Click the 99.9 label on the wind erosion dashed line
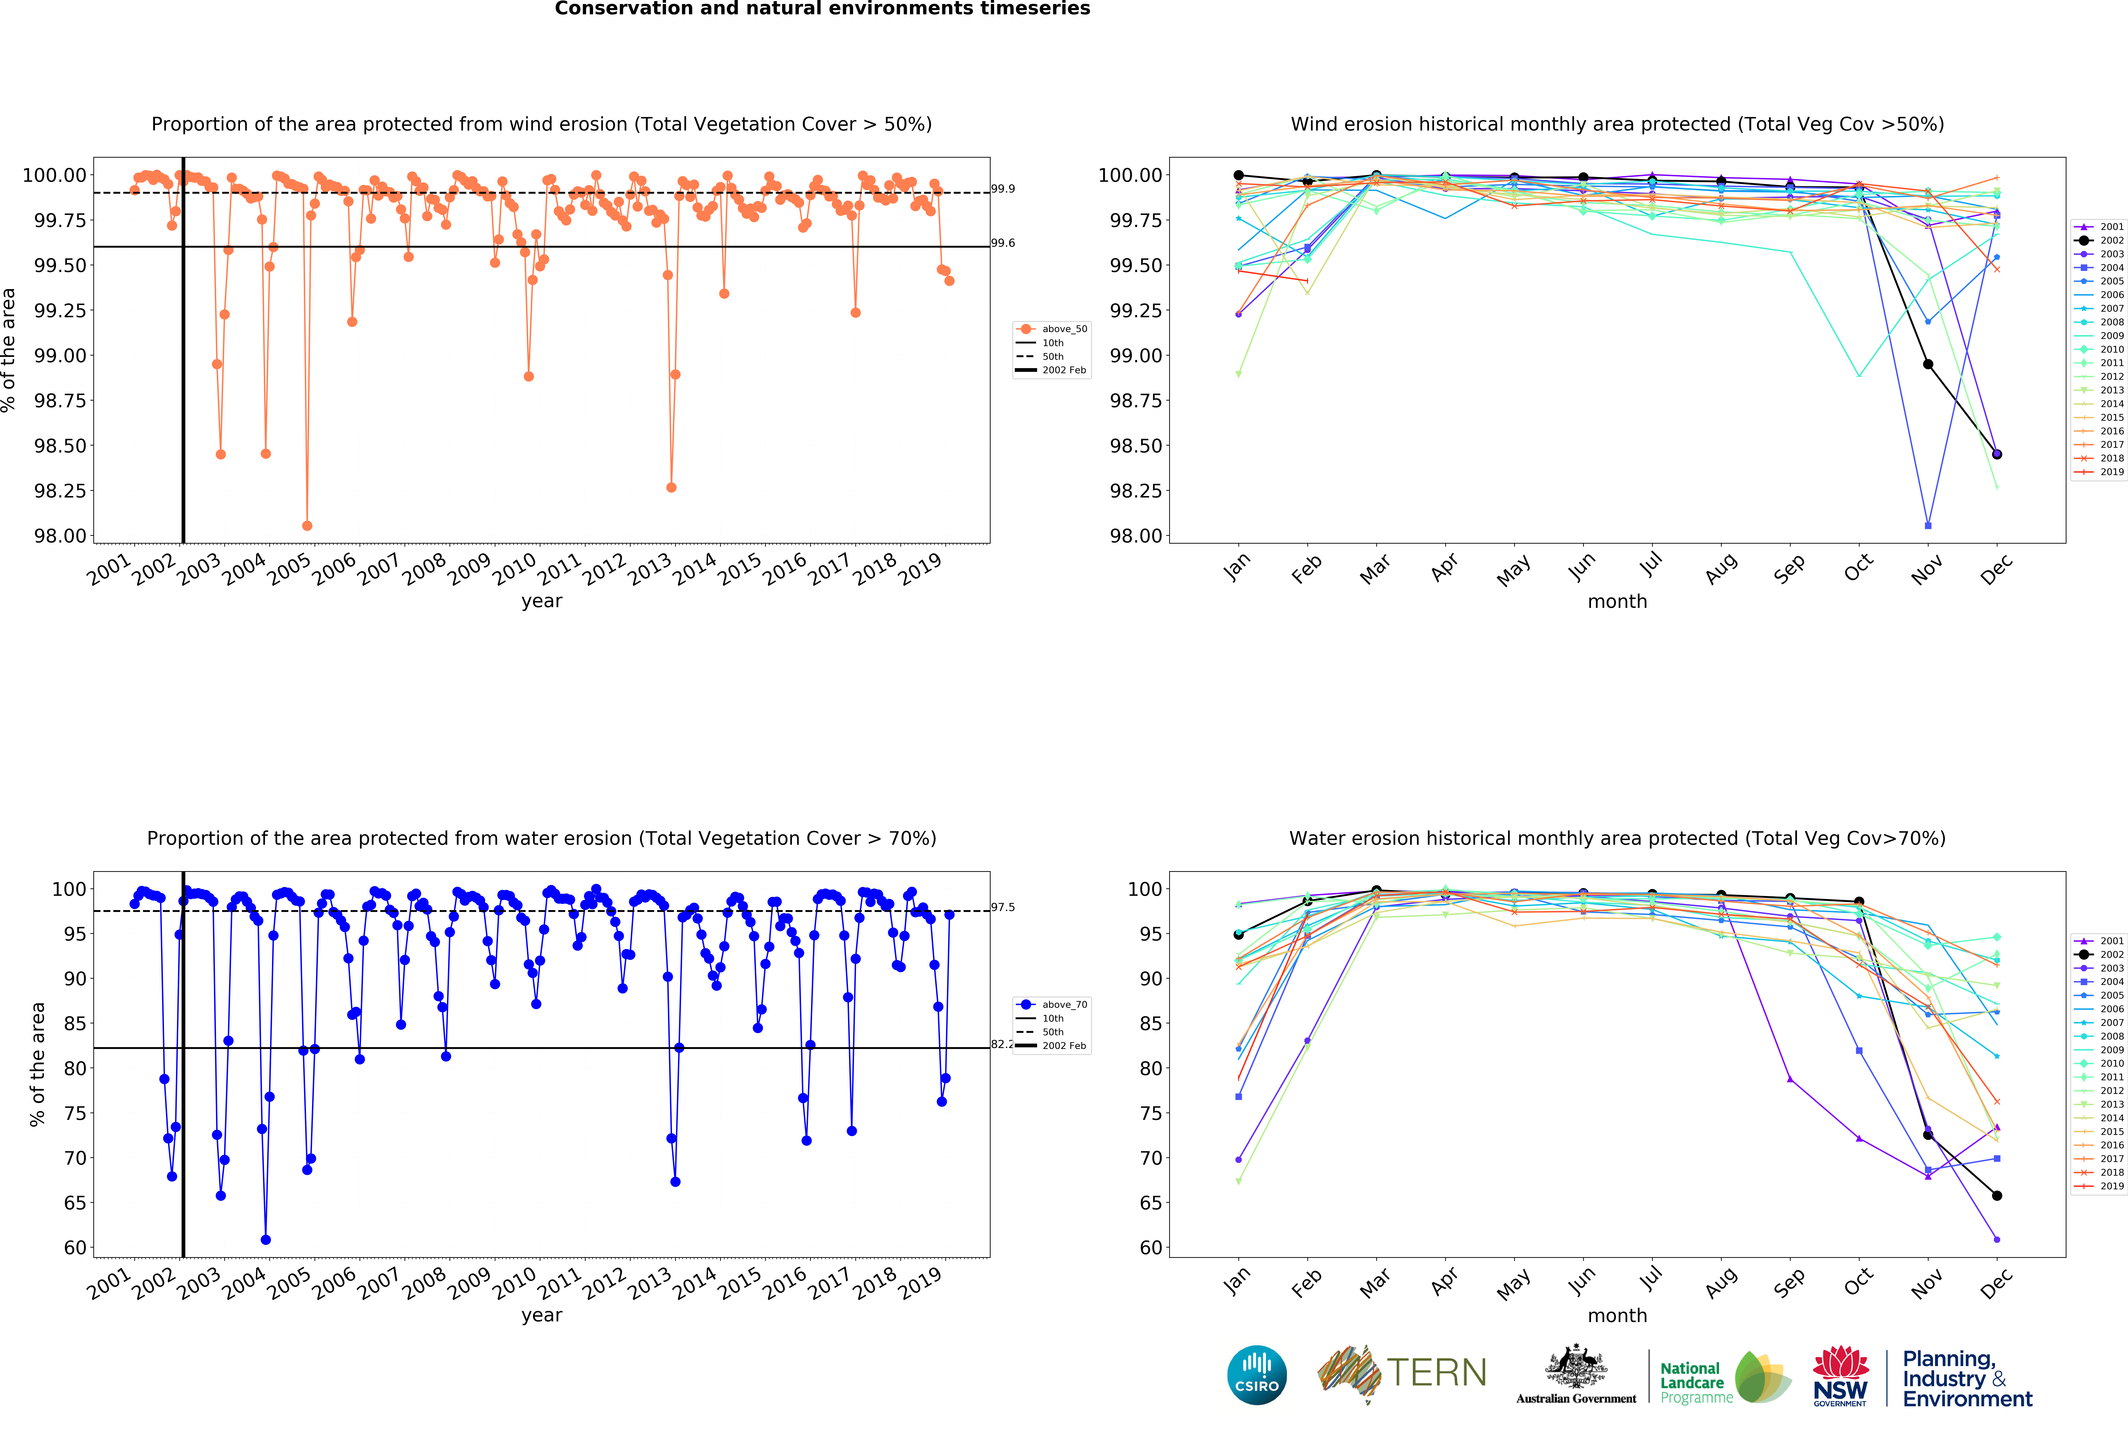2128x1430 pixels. [1003, 189]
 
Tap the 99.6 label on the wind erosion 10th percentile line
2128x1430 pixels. [1003, 243]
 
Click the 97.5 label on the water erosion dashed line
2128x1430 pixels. [1003, 907]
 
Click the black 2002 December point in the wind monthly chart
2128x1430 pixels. [1997, 454]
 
